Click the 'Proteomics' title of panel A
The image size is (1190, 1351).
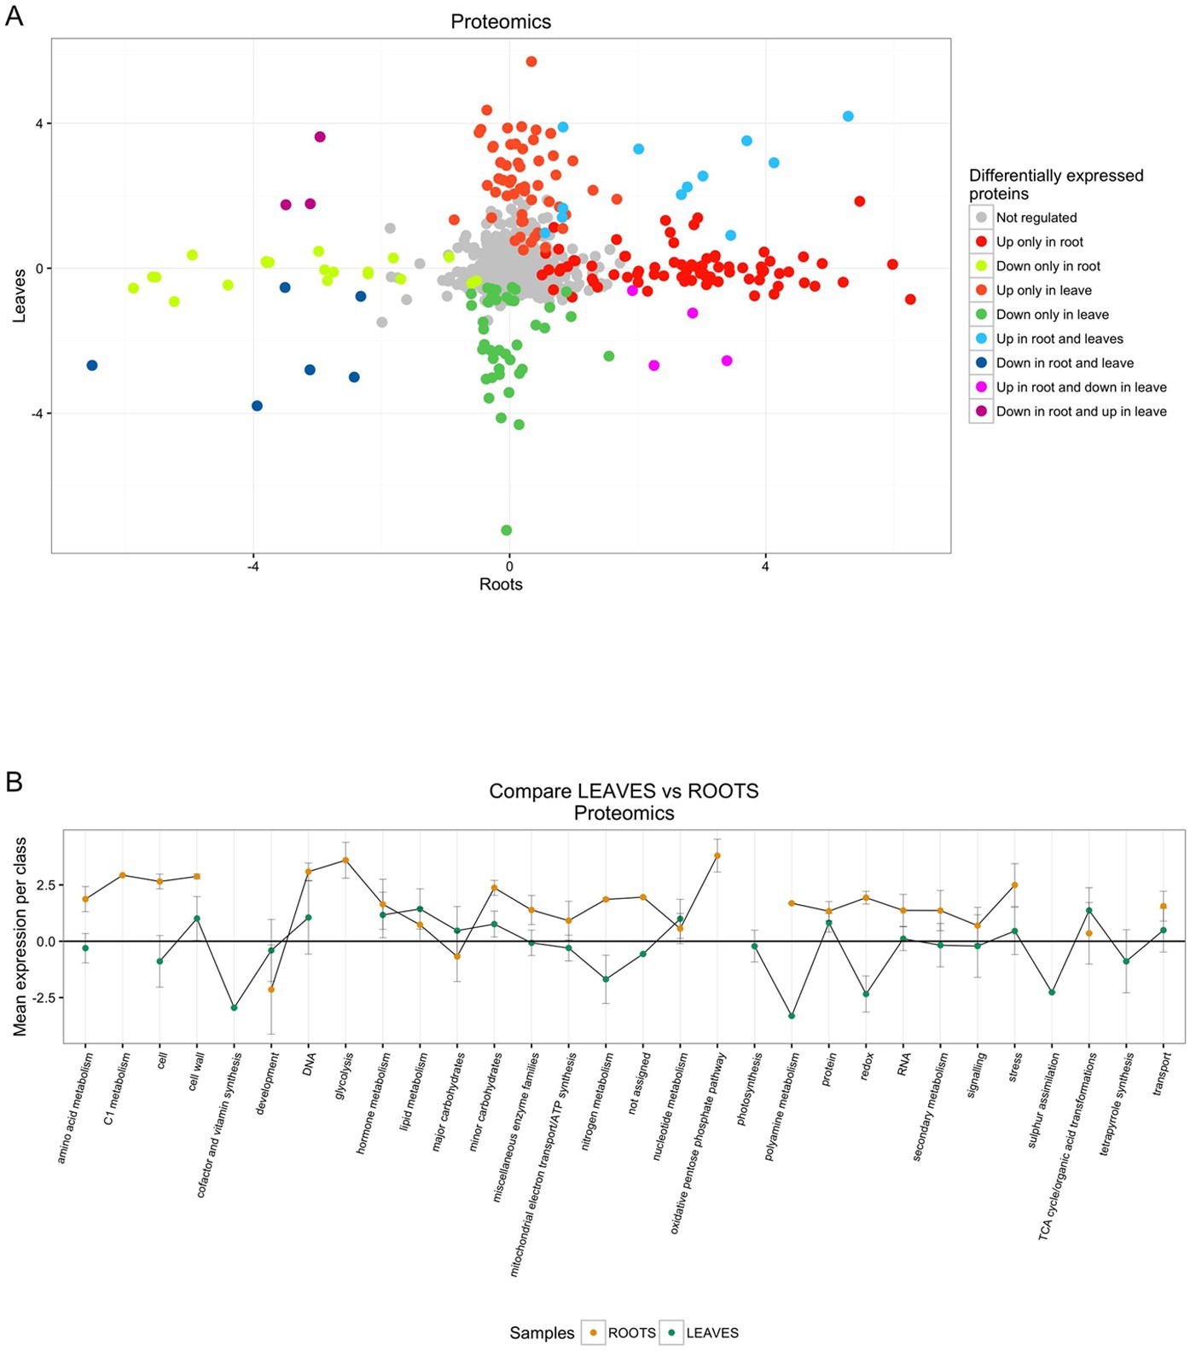[x=501, y=21]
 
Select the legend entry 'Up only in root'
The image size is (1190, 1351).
[x=1039, y=242]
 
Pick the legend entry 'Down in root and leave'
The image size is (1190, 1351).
[x=1064, y=363]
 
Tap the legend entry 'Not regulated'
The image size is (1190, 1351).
[x=1036, y=218]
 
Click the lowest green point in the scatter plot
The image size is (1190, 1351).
[x=507, y=531]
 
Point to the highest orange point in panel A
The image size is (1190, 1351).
[x=531, y=61]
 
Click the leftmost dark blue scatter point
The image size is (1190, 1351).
[x=92, y=365]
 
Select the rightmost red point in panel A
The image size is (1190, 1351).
[x=910, y=299]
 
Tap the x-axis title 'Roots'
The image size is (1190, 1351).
[x=501, y=584]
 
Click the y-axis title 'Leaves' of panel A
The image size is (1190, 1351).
[x=20, y=296]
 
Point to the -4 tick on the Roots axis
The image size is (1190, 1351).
[x=253, y=566]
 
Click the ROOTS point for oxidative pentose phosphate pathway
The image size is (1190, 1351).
[x=717, y=855]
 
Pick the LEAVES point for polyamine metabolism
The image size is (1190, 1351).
[x=792, y=1016]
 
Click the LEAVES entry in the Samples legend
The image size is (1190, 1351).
[x=711, y=1332]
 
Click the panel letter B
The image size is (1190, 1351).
[x=15, y=781]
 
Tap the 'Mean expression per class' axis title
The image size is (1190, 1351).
[x=20, y=936]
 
